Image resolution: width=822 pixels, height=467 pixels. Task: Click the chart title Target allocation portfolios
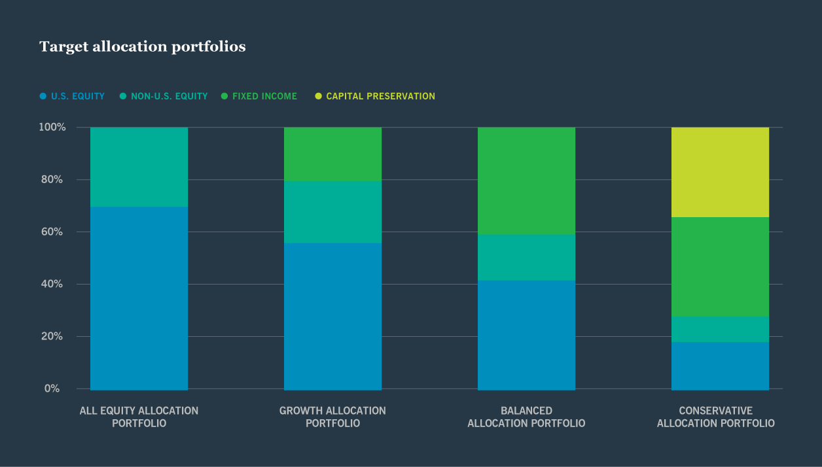142,47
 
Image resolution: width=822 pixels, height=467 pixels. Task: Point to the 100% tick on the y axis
52,127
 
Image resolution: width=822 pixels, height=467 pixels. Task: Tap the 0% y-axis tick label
52,389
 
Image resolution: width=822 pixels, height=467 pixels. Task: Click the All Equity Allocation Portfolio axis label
139,417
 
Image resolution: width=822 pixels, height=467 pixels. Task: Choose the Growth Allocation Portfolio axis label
332,417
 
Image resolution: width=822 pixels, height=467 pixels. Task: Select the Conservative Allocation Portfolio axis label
715,417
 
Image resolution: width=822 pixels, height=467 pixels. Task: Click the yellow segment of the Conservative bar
720,172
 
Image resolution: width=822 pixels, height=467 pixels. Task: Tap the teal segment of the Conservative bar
720,329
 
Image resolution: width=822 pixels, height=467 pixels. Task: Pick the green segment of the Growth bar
332,154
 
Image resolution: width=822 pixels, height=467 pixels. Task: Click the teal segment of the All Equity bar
139,167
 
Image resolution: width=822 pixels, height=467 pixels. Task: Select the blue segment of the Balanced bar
526,335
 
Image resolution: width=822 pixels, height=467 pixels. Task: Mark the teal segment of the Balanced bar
526,257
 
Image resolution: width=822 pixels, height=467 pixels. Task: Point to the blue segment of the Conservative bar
720,365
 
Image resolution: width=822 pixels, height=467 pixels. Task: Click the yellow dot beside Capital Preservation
318,96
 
